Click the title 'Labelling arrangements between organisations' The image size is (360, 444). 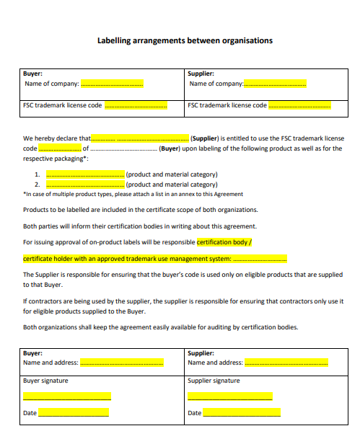tap(185, 40)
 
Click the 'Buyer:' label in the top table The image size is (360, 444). tap(33, 74)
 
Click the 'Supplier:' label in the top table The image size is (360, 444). tap(201, 74)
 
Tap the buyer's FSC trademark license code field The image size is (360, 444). tap(136, 105)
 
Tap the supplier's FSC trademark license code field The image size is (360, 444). tap(300, 105)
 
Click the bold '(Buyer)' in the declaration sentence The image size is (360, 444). tap(170, 148)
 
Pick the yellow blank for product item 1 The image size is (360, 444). tap(85, 174)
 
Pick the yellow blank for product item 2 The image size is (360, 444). tap(85, 185)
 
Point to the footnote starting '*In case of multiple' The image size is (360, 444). tap(133, 194)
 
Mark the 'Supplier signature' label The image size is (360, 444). tap(214, 381)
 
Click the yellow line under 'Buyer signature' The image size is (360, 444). tap(67, 396)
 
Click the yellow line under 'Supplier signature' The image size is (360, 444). tap(229, 396)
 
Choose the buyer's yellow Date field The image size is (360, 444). tap(74, 412)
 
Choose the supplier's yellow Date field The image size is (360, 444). tap(242, 412)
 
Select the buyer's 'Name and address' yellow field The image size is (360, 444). tap(121, 363)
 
